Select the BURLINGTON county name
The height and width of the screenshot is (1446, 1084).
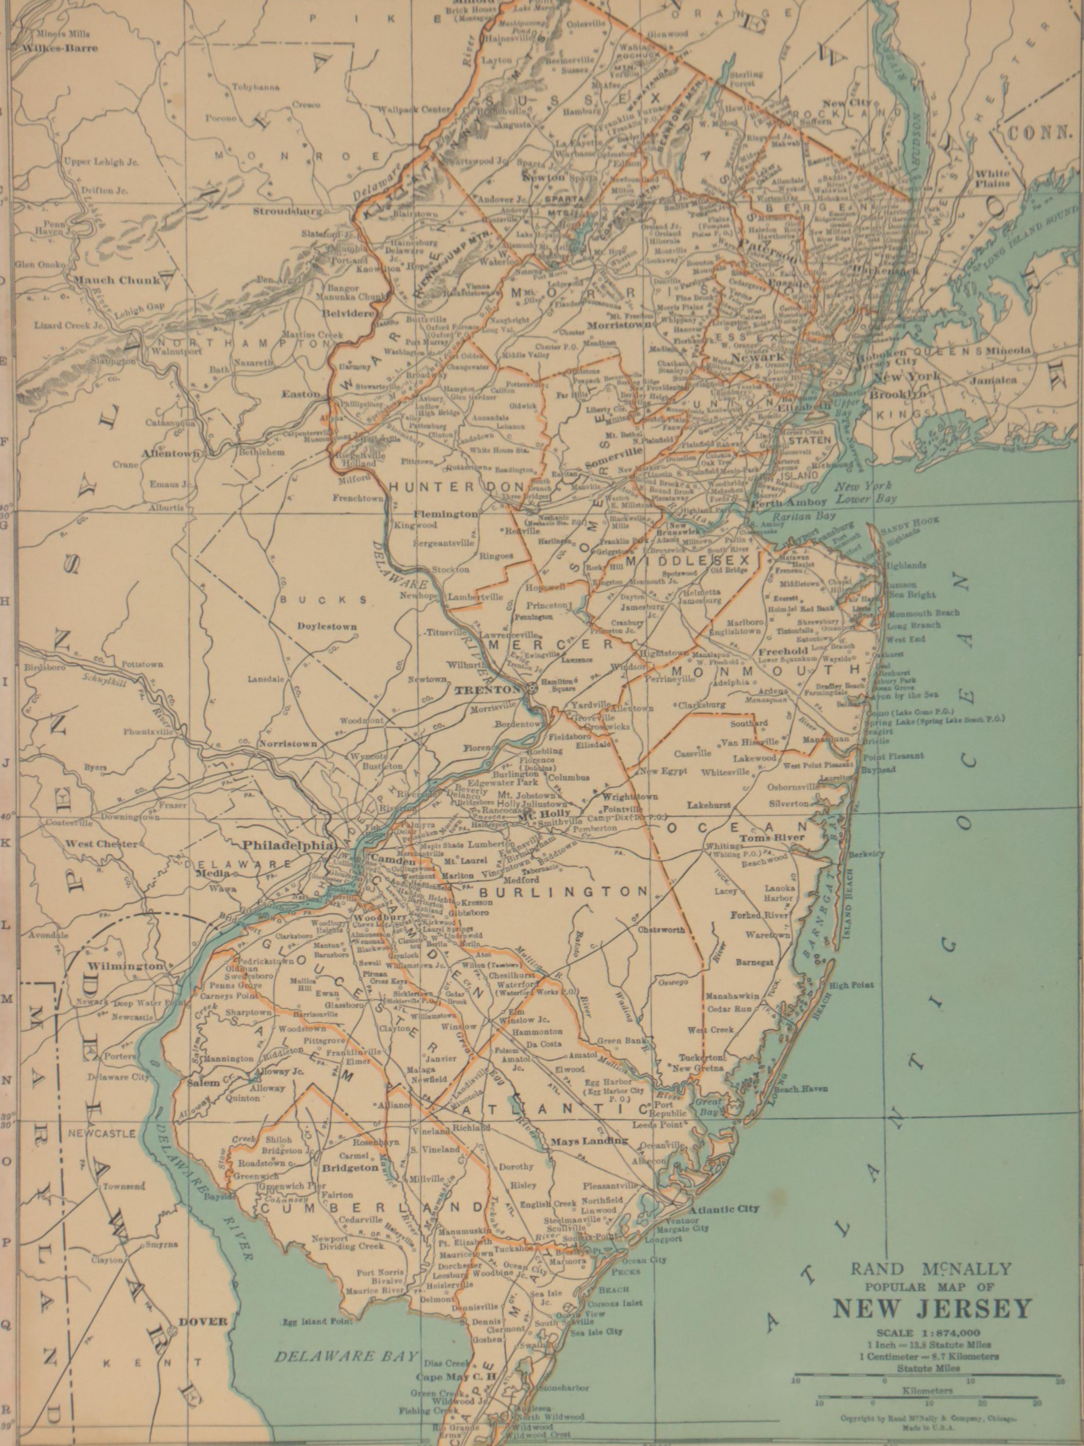pyautogui.click(x=562, y=892)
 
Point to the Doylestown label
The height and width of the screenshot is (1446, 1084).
pyautogui.click(x=327, y=626)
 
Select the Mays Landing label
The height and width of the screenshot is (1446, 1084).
pyautogui.click(x=589, y=1141)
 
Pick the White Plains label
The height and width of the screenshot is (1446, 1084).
pyautogui.click(x=992, y=178)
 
